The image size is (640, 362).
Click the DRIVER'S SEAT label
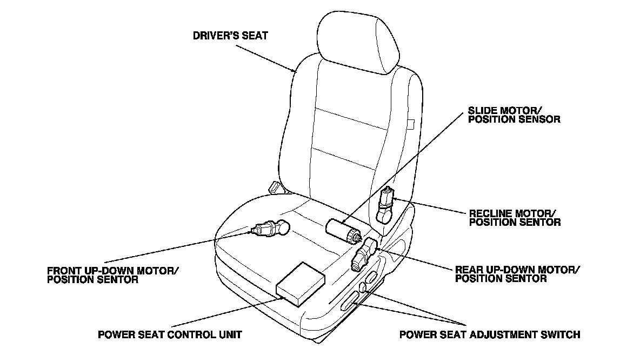[230, 37]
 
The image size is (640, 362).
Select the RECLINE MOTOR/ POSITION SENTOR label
[515, 217]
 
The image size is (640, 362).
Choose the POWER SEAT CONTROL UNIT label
[170, 334]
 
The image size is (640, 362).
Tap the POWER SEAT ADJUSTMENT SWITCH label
[489, 334]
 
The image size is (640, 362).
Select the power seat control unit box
[301, 284]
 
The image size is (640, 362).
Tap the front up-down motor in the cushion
[270, 229]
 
